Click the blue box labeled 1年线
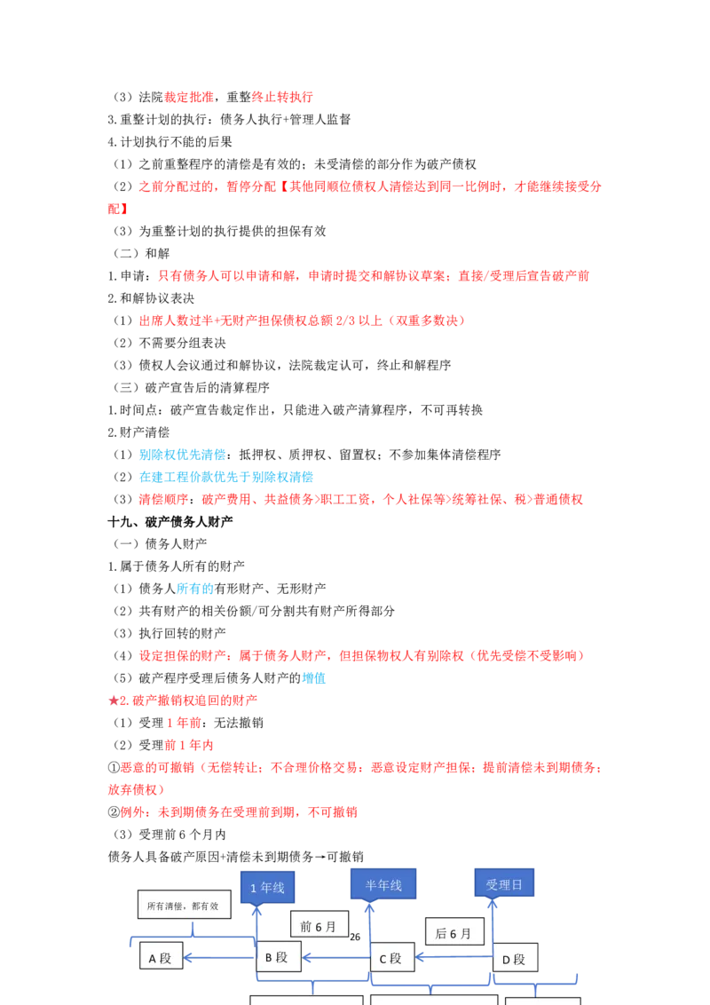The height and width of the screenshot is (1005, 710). click(267, 888)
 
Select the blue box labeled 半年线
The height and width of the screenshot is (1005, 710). click(383, 884)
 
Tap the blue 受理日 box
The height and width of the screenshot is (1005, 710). click(504, 884)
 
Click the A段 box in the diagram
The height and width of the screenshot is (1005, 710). click(161, 958)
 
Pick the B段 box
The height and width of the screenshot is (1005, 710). click(278, 957)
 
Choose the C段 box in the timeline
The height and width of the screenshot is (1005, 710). click(391, 958)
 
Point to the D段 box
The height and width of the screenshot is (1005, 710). click(515, 959)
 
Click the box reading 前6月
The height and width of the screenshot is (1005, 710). click(319, 926)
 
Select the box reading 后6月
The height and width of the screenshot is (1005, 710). click(454, 933)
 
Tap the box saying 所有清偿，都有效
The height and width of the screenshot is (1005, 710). click(184, 905)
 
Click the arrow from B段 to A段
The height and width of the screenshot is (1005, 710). click(219, 958)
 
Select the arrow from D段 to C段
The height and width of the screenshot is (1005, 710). click(454, 958)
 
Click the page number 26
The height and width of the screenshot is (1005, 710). click(355, 937)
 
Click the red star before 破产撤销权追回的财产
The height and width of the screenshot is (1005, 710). click(114, 700)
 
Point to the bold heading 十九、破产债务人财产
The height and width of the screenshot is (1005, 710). click(170, 522)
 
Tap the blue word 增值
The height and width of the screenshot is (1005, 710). click(314, 678)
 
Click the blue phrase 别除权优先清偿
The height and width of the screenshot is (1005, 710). click(183, 455)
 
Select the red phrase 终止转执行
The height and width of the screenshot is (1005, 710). click(282, 97)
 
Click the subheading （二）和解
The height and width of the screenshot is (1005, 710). click(142, 253)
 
